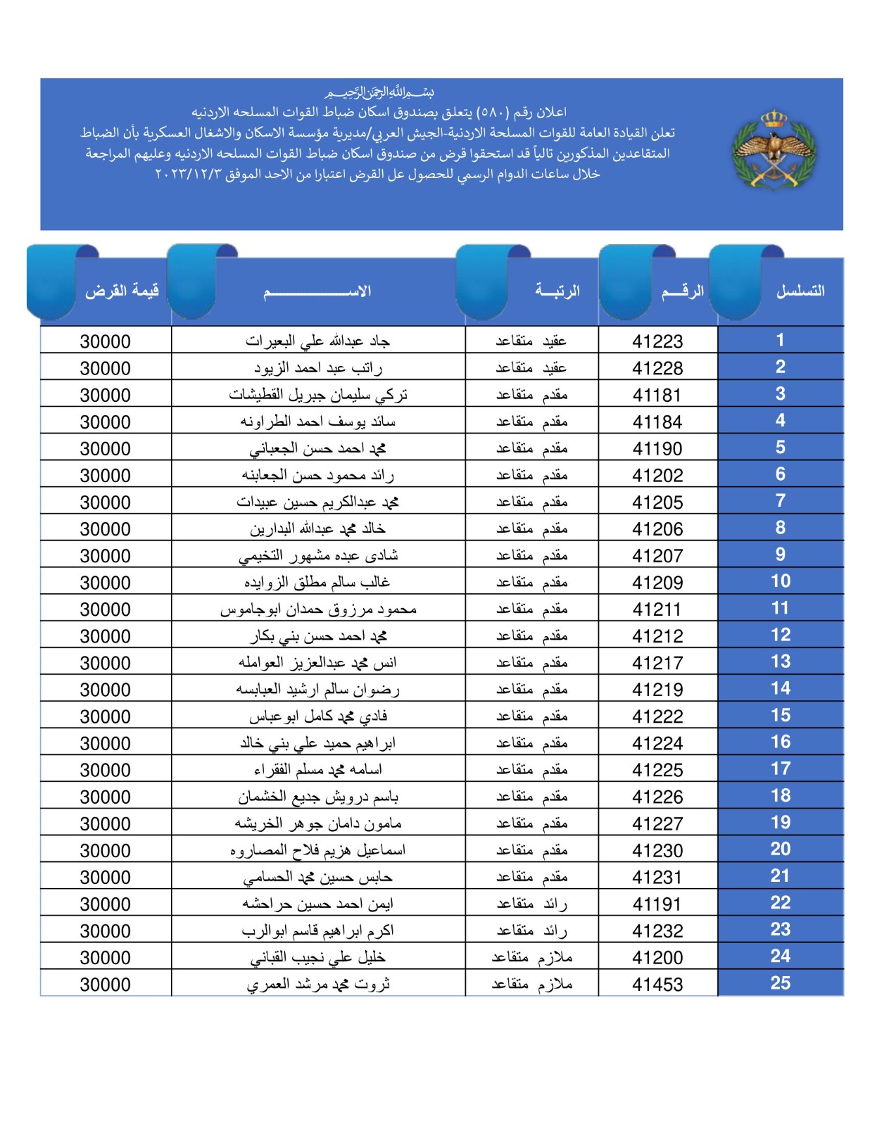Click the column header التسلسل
pos(800,291)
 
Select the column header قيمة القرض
pos(121,291)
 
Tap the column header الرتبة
pos(557,291)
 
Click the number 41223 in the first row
pos(657,341)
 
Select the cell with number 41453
pos(657,985)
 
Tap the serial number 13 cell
pos(780,662)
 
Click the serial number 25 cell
pos(780,983)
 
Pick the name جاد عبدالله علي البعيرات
pos(317,341)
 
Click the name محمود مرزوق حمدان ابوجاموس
pos(317,609)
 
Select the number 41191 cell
pos(657,904)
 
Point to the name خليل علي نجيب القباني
pos(317,958)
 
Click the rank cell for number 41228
pos(531,368)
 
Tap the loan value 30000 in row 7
pos(106,502)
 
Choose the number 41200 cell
pos(657,958)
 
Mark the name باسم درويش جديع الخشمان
pos(317,797)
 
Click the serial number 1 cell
pos(780,341)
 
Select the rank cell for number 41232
pos(531,931)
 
